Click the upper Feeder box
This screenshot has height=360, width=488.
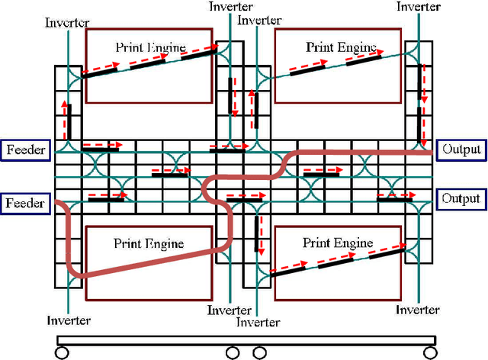point(25,150)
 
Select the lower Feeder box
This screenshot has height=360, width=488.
point(25,204)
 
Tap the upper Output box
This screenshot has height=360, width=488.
point(461,149)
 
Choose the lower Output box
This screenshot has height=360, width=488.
point(461,199)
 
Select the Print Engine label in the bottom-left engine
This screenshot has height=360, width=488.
point(149,244)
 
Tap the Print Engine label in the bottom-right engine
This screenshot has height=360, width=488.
point(338,243)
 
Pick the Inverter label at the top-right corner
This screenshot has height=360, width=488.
point(419,7)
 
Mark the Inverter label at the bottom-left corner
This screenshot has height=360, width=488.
point(69,320)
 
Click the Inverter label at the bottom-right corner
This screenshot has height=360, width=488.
point(417,310)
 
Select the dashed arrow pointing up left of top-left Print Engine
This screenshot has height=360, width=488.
point(65,114)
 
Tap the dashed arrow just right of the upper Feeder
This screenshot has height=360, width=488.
point(99,143)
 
